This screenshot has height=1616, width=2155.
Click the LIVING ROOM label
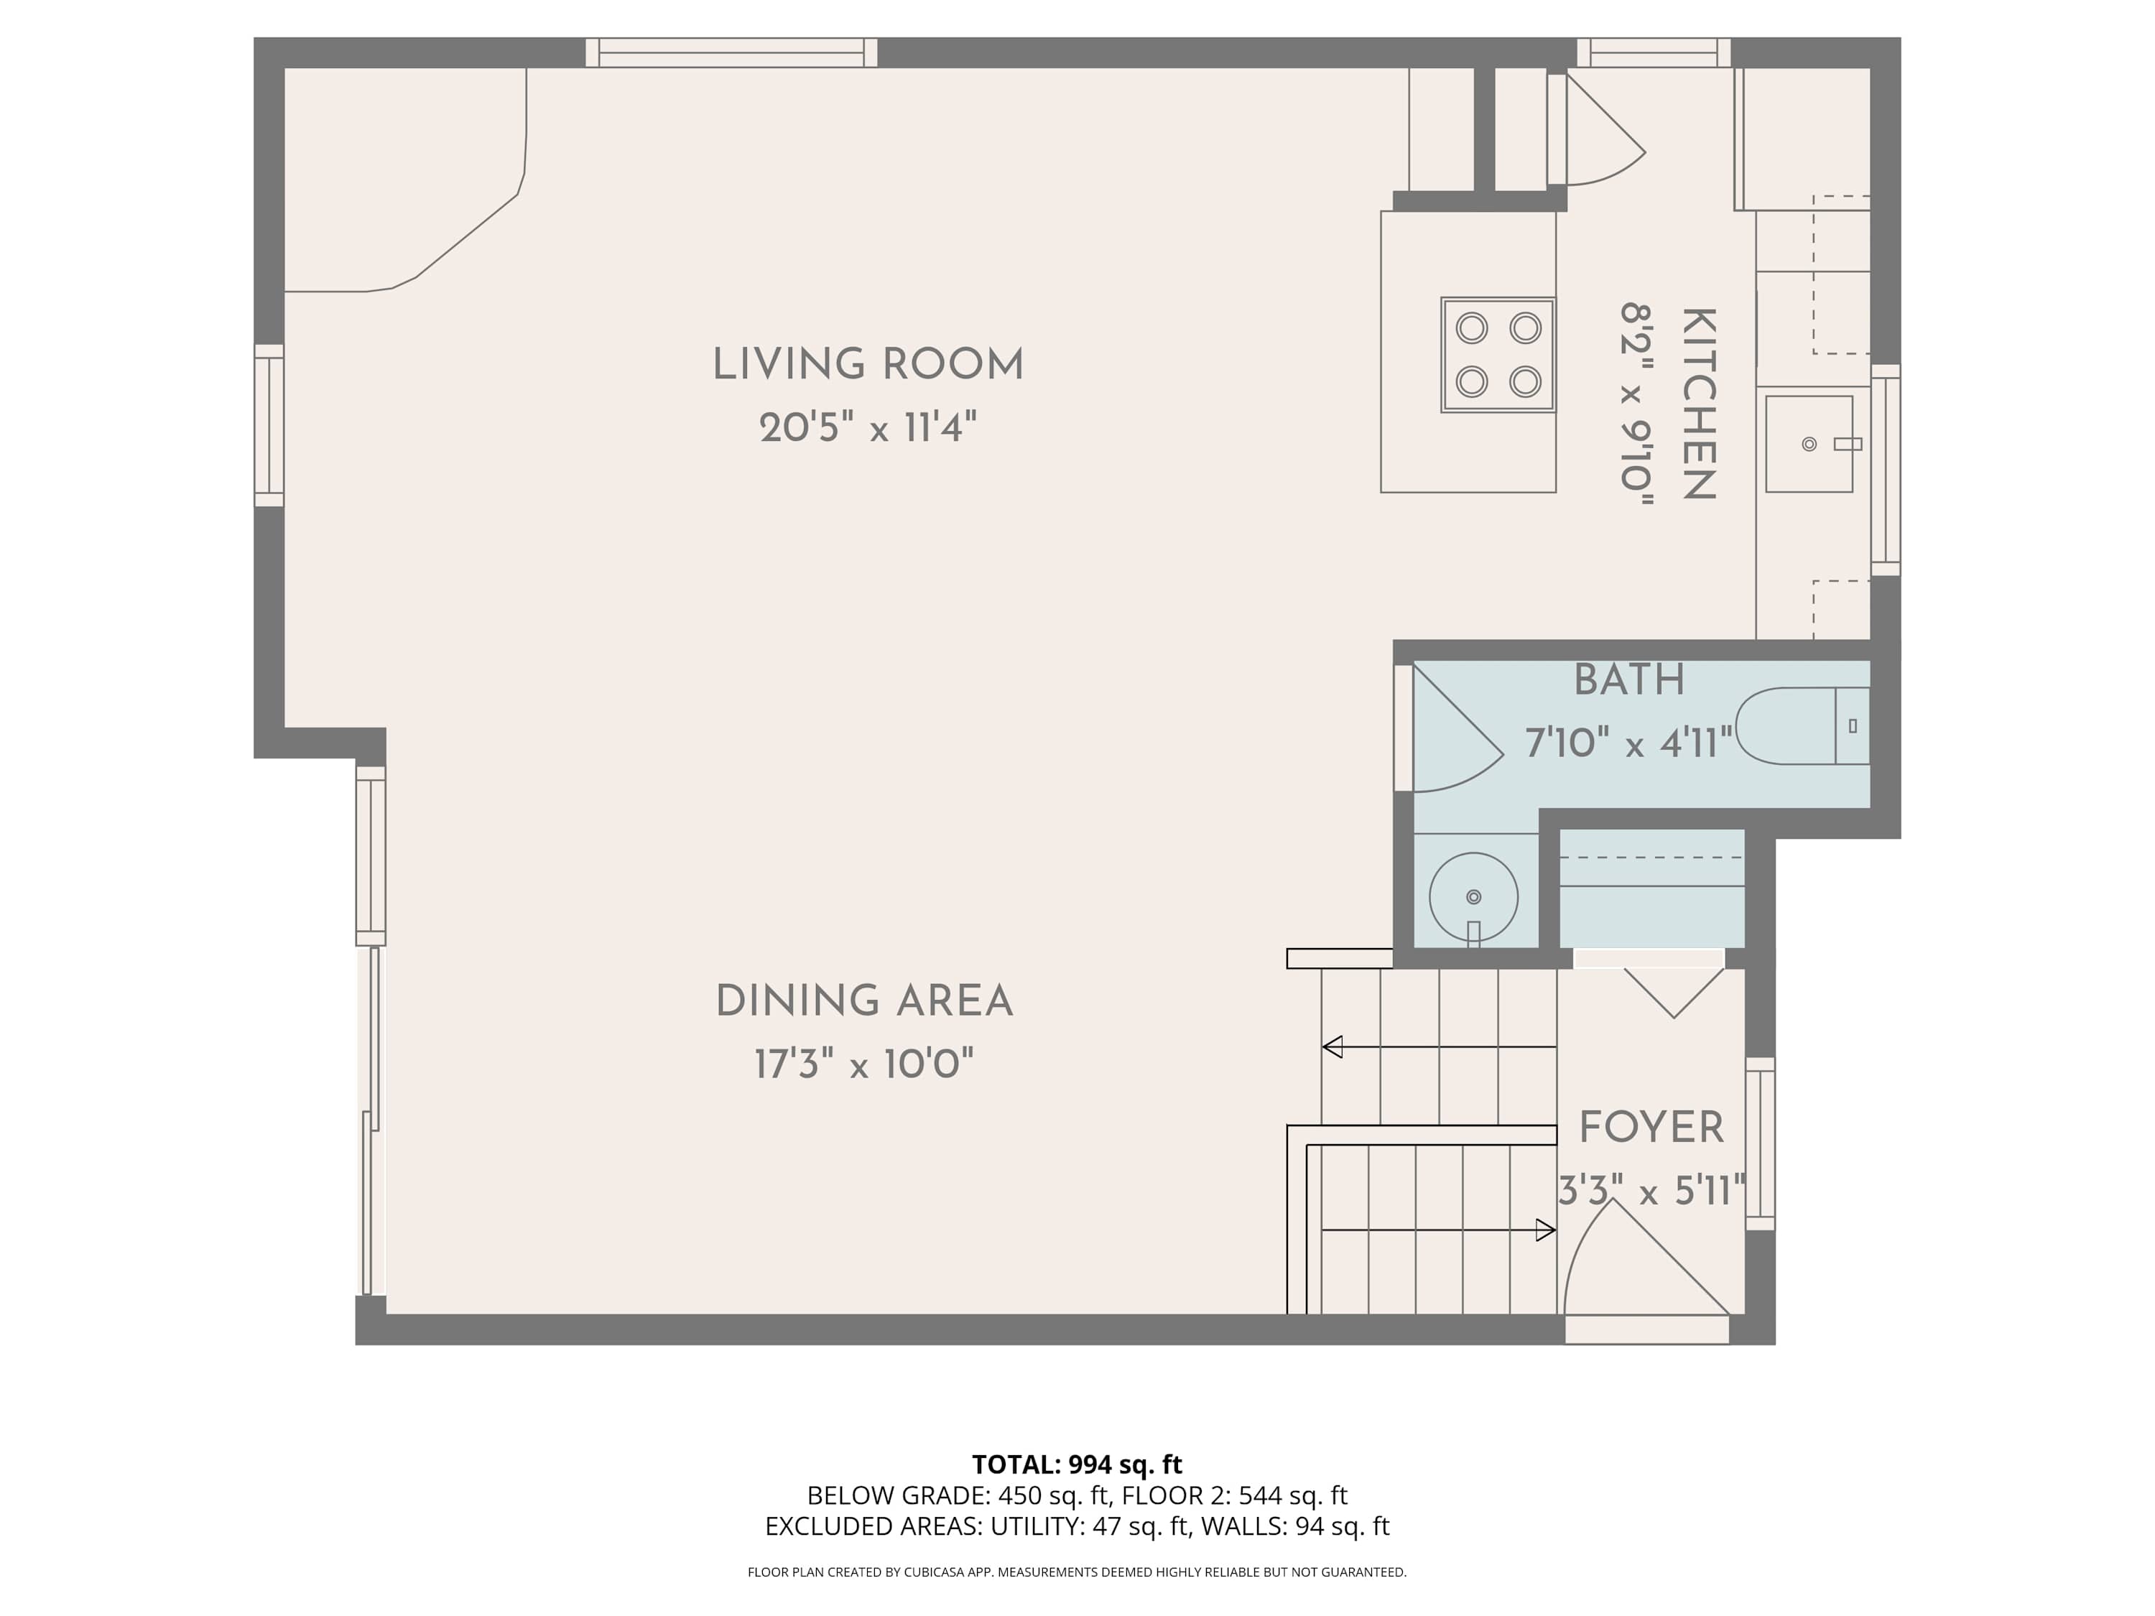pyautogui.click(x=867, y=366)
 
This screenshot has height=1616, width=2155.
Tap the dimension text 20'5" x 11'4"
pyautogui.click(x=867, y=427)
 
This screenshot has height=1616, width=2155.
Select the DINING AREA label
pyautogui.click(x=864, y=1001)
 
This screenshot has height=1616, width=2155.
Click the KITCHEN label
pyautogui.click(x=1698, y=404)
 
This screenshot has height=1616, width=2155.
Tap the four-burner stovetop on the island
pyautogui.click(x=1498, y=355)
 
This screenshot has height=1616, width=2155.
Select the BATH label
pyautogui.click(x=1629, y=680)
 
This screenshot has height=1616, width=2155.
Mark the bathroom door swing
pyautogui.click(x=1452, y=735)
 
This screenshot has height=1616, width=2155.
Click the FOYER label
pyautogui.click(x=1651, y=1128)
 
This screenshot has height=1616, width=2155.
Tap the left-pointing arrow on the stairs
pyautogui.click(x=1333, y=1047)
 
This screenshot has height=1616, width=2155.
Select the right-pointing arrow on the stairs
pyautogui.click(x=1545, y=1230)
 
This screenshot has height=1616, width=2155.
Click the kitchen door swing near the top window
pyautogui.click(x=1598, y=136)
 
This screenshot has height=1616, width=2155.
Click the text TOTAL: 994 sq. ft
pyautogui.click(x=1077, y=1464)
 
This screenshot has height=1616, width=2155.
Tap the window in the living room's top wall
pyautogui.click(x=731, y=52)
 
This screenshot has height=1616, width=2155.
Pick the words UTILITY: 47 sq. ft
pyautogui.click(x=1090, y=1526)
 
